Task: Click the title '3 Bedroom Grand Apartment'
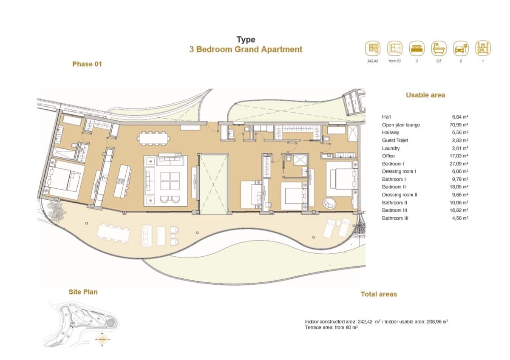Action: [x=246, y=49]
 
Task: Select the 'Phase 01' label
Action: [x=87, y=64]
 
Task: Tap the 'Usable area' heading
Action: [x=425, y=95]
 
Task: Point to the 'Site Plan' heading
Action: [x=83, y=292]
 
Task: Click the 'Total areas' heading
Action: [x=379, y=294]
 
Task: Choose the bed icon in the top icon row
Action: [x=417, y=48]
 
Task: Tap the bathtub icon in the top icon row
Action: [x=439, y=48]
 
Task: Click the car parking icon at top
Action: [x=461, y=48]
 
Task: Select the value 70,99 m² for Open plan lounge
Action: [x=460, y=125]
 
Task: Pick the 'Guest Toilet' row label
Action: [x=394, y=140]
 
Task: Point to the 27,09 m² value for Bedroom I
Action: [x=460, y=164]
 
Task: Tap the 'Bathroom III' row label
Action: [x=395, y=218]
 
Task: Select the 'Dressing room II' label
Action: [x=399, y=195]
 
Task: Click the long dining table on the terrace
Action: [x=113, y=233]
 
